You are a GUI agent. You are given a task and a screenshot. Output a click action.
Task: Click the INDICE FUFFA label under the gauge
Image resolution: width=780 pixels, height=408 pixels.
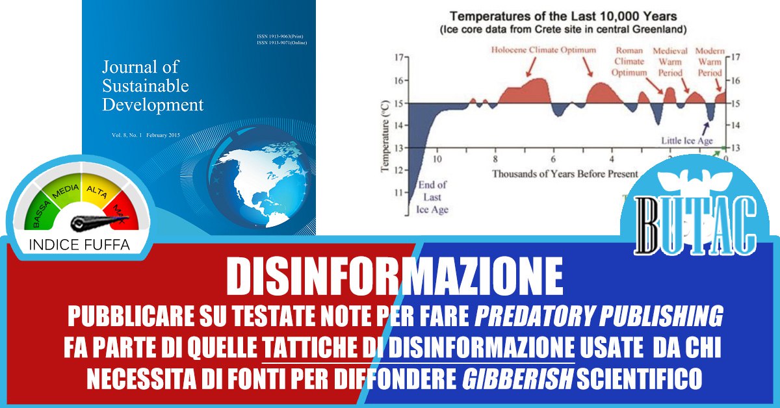[x=80, y=245]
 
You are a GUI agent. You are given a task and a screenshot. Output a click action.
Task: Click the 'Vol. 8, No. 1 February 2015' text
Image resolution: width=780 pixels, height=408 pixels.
[x=146, y=135]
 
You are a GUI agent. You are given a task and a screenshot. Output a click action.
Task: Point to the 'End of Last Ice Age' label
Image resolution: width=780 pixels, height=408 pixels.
[x=432, y=198]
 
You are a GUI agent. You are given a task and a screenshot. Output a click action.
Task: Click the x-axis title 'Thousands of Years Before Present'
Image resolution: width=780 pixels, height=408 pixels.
[x=565, y=173]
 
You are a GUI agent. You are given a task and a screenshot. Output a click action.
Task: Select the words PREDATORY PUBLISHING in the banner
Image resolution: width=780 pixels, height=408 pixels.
[x=599, y=316]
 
